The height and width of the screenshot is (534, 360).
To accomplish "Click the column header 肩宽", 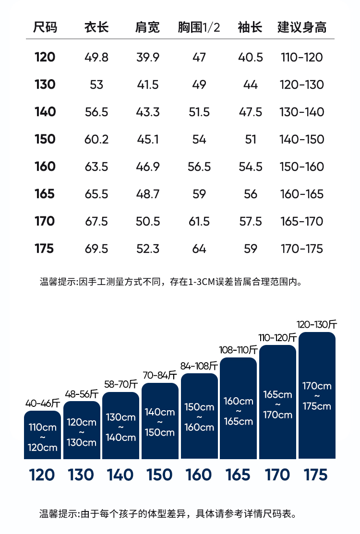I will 147,27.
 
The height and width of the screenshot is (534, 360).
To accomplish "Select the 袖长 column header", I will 250,27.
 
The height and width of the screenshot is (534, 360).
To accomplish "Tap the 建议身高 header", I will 302,27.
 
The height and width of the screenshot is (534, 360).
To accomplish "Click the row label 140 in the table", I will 45,112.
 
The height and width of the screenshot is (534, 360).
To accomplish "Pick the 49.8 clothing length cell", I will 96,58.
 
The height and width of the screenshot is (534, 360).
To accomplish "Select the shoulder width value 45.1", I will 147,140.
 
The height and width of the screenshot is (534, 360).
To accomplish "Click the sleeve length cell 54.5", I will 251,167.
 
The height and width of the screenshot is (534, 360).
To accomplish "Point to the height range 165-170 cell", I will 302,222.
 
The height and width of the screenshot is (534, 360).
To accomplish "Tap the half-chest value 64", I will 199,249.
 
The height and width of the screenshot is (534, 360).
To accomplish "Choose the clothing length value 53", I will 96,85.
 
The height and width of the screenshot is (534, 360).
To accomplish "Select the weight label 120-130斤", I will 317,325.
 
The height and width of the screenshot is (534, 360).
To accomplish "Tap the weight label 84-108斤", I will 199,366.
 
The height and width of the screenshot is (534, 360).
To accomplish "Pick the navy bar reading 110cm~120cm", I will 42,437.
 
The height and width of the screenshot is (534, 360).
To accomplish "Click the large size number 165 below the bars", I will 239,475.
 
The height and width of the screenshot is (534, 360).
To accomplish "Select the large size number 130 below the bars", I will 81,475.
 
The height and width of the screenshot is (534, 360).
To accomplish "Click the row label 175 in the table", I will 45,249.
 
